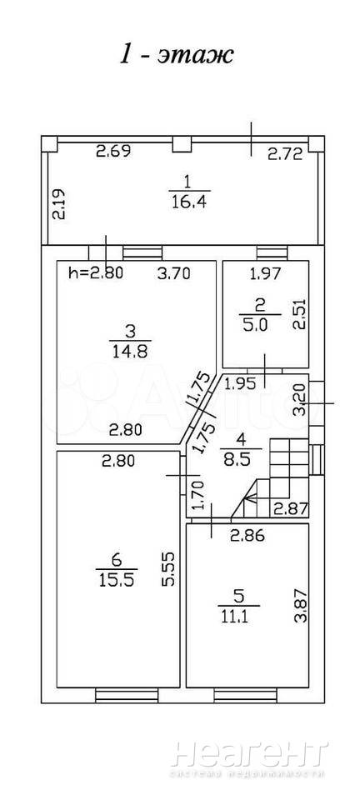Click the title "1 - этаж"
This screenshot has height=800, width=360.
177,56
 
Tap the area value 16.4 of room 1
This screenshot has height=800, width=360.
189,202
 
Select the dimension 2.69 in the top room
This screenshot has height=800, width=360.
115,151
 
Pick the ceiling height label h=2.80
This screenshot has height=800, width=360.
95,273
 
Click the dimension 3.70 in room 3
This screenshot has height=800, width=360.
173,274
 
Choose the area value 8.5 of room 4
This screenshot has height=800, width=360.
241,459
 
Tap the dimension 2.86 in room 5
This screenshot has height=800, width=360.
247,535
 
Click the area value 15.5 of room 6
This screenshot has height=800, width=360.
117,580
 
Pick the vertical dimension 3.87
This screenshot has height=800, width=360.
301,606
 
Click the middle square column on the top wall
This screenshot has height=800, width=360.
182,144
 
